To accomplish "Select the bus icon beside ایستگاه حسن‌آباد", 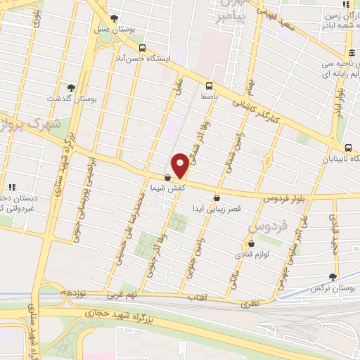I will pos(143,49).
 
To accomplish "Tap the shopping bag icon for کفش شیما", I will pos(167,179).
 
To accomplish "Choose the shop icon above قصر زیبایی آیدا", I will pos(216,198).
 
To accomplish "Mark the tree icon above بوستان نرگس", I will pos(333,277).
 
